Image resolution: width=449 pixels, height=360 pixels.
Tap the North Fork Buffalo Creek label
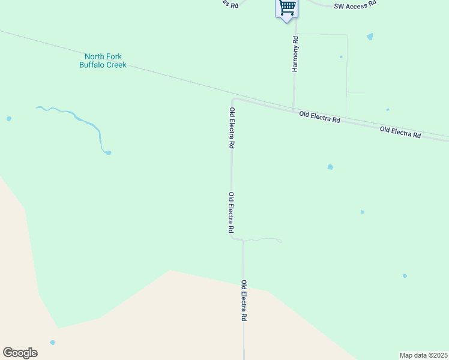[103, 61]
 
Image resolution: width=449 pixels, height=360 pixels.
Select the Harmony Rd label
[295, 54]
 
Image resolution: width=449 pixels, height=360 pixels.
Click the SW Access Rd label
[355, 4]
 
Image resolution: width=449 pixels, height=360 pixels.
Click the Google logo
[20, 353]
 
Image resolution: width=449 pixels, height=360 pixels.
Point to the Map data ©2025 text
[424, 355]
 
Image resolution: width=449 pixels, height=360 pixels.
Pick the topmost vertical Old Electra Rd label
[232, 128]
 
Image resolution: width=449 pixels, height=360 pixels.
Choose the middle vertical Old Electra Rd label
[231, 212]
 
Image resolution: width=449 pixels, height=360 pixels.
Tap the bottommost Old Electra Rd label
[244, 301]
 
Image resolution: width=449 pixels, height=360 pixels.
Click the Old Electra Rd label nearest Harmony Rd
[320, 117]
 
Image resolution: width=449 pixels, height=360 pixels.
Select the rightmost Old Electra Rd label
[400, 133]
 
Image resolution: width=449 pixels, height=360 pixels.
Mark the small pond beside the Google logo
[52, 343]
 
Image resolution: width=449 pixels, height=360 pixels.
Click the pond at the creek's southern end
[107, 152]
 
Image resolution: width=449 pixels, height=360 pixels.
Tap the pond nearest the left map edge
[8, 119]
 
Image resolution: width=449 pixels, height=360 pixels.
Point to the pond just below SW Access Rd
[370, 37]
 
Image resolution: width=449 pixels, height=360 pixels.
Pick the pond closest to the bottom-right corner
[405, 276]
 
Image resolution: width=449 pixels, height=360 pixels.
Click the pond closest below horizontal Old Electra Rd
[330, 167]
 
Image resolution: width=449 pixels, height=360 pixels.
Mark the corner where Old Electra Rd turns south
[234, 100]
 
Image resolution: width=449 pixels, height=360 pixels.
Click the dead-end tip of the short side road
[281, 241]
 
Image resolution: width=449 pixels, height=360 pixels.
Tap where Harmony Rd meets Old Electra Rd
[294, 108]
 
